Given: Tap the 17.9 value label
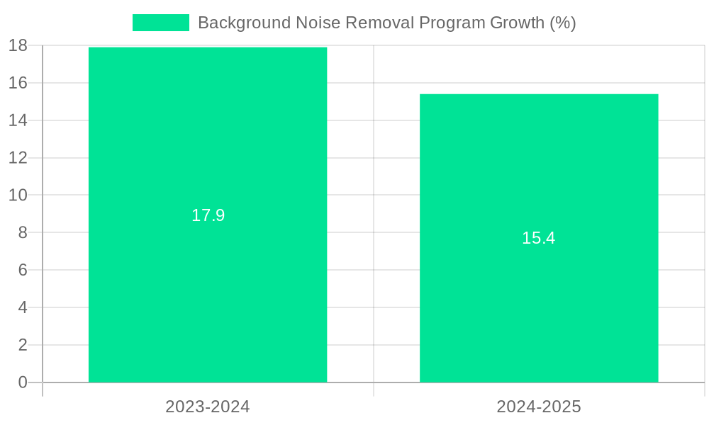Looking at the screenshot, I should click(x=208, y=215).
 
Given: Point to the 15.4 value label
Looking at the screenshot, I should click(x=539, y=238).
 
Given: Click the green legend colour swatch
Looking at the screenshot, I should click(x=161, y=23).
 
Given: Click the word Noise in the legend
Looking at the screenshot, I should click(x=314, y=23).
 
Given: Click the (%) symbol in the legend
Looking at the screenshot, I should click(x=563, y=23).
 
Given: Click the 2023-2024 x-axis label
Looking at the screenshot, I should click(x=208, y=407).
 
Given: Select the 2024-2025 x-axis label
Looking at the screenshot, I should click(x=539, y=407).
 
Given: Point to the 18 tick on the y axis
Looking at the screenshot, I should click(x=18, y=46).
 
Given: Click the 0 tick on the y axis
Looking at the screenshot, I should click(x=22, y=382).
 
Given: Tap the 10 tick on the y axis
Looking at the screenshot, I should click(x=18, y=195).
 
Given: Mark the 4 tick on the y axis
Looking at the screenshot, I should click(x=22, y=307).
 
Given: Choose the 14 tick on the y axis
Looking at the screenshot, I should click(x=18, y=120).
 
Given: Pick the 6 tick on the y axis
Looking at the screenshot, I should click(x=22, y=270).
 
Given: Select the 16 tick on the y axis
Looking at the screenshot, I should click(x=18, y=83).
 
